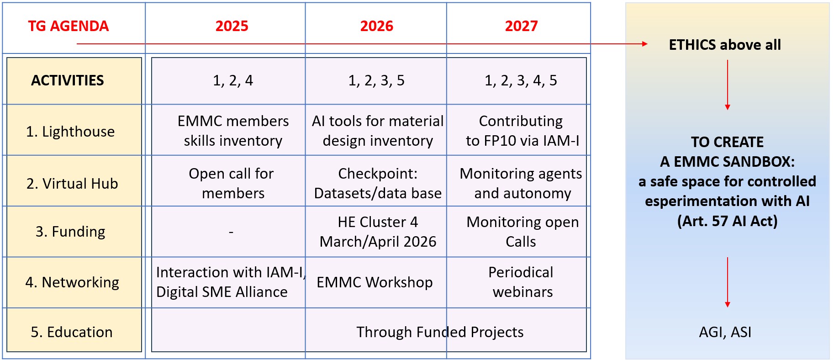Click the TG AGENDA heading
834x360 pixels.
coord(69,26)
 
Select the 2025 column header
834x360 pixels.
coord(232,26)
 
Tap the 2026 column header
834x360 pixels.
coord(376,26)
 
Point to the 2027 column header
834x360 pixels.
coord(521,26)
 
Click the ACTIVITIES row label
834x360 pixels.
coord(68,80)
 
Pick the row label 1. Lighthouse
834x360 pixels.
coord(70,132)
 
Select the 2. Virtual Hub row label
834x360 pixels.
coord(72,184)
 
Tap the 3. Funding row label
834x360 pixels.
coord(70,232)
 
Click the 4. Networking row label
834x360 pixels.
coord(72,282)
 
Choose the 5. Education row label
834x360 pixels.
coord(72,332)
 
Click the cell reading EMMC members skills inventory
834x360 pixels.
coord(233,131)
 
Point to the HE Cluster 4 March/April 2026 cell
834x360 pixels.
coord(378,232)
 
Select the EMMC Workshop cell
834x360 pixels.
coord(375,282)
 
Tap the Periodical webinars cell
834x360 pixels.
coord(521,282)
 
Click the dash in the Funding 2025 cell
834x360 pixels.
coord(231,233)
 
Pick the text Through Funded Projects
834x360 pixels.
coord(440,332)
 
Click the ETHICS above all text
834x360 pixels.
coord(725,45)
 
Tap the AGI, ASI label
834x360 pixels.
coord(725,332)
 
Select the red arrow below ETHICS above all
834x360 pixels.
coord(728,85)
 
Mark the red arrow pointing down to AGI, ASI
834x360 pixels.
coord(728,282)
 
